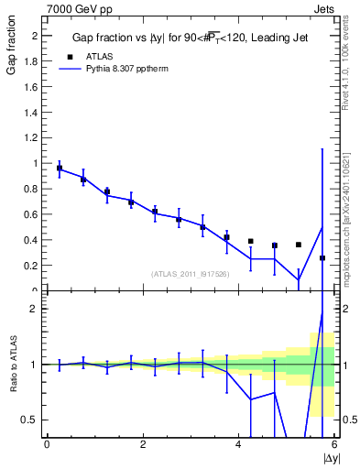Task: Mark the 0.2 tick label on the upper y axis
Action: point(31,266)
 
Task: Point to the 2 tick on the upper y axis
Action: point(37,36)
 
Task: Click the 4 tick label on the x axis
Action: point(239,444)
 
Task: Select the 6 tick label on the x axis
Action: point(334,444)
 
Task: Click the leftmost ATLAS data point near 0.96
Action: point(60,169)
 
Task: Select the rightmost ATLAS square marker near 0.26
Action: point(322,258)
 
